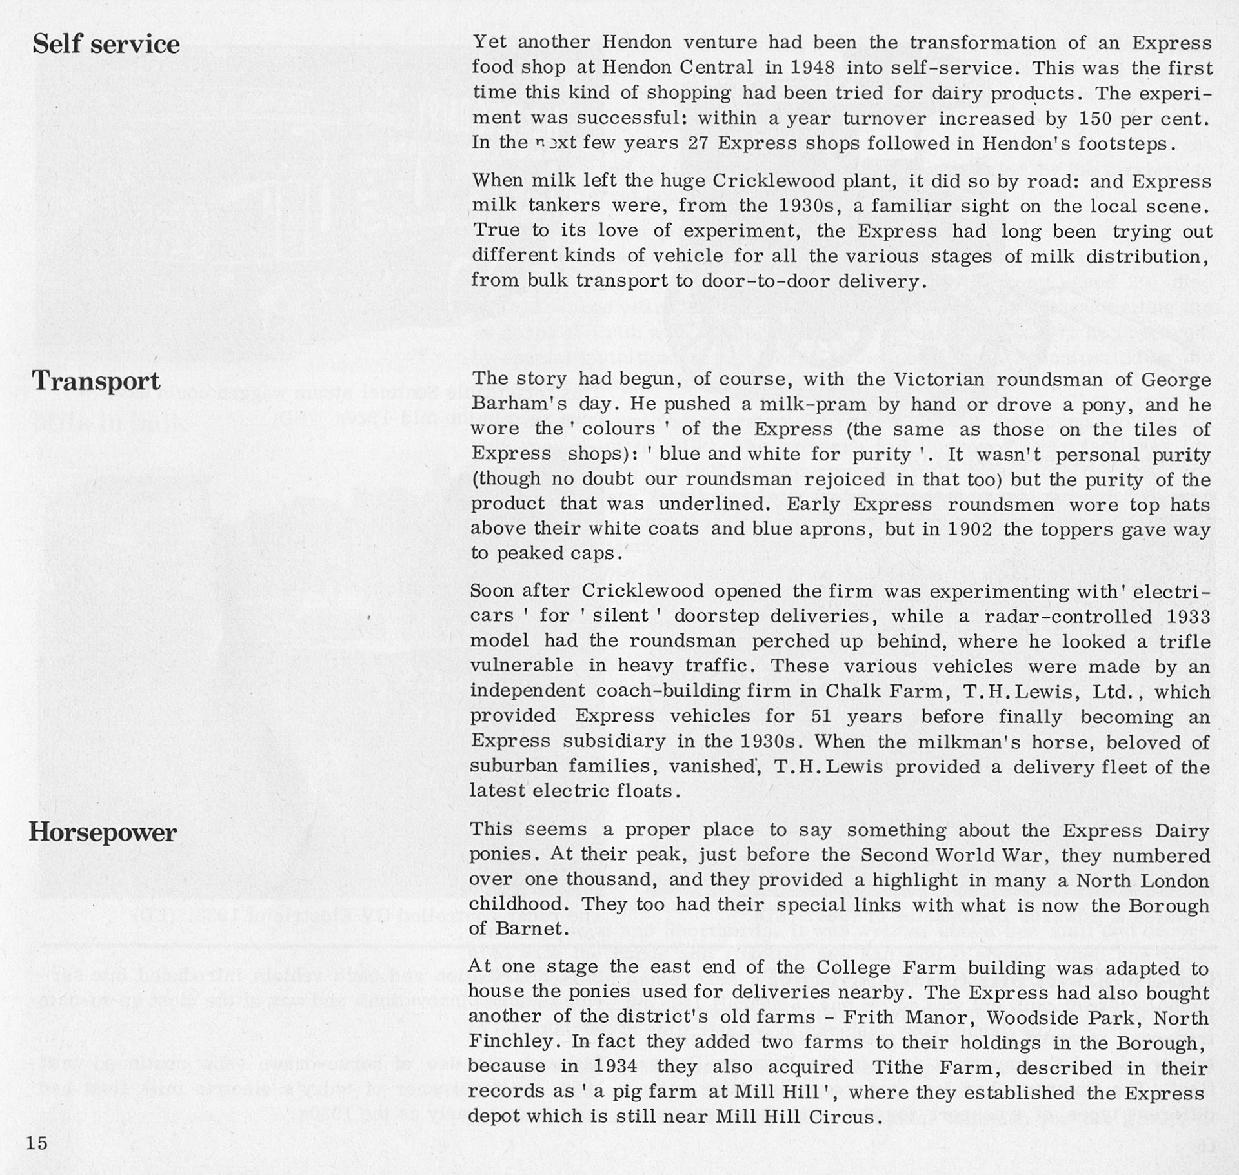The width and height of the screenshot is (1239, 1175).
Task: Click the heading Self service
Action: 106,45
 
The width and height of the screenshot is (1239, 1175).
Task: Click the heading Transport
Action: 96,381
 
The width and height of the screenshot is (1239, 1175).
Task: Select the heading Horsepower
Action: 103,832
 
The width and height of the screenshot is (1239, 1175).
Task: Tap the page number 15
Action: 37,1143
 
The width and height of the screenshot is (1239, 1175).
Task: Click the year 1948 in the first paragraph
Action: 812,67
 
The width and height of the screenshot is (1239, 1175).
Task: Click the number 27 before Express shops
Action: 699,143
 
